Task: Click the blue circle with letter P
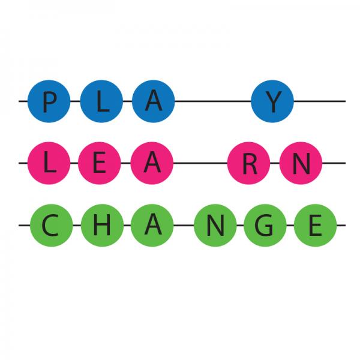pos(49,101)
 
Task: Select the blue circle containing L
pos(101,101)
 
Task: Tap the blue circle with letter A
pos(154,101)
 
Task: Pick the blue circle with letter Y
pos(272,101)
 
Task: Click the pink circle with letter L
pos(49,163)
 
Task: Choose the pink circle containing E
pos(100,163)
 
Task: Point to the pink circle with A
pos(152,163)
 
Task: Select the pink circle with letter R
pos(248,163)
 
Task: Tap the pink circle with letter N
pos(301,163)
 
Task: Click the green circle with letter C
pos(52,225)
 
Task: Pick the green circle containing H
pos(102,225)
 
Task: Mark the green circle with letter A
pos(152,225)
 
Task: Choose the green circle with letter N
pos(215,225)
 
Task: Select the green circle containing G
pos(265,225)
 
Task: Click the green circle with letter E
pos(315,225)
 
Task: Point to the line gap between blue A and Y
pos(213,101)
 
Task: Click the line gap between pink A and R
pos(200,163)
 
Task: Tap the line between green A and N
pos(184,225)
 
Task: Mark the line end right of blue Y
pos(346,101)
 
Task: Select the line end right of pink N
pos(346,163)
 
